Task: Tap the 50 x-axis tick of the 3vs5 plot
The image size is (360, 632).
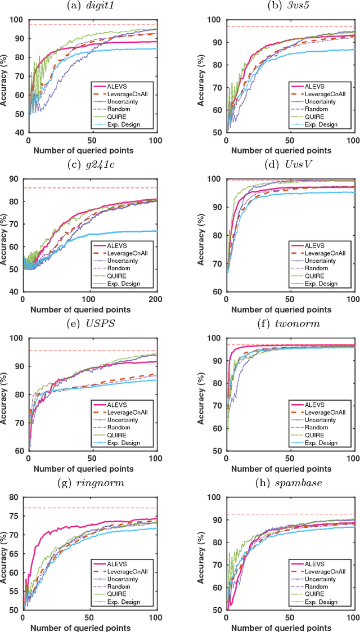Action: [290, 139]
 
